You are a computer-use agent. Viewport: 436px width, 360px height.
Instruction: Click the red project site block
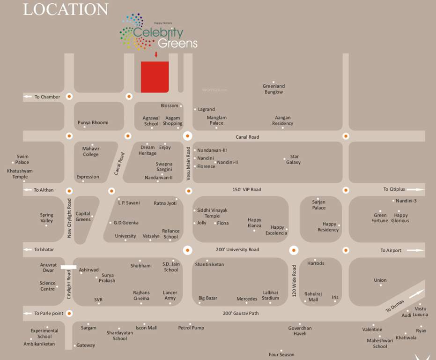(155, 76)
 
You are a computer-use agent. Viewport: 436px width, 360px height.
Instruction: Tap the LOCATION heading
(66, 9)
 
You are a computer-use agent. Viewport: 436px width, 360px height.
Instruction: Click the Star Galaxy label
(294, 159)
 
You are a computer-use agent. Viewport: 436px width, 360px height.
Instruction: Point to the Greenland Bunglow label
(273, 89)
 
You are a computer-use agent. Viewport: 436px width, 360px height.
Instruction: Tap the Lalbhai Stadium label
(271, 295)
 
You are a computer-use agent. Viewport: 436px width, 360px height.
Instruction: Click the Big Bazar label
(208, 298)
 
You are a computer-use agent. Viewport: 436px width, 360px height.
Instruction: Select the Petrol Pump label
(191, 328)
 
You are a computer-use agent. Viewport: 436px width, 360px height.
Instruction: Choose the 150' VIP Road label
(247, 190)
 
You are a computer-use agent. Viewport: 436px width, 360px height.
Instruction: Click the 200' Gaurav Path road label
(241, 313)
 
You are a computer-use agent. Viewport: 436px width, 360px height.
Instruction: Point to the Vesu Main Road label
(188, 164)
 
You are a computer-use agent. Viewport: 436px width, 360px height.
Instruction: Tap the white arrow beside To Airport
(415, 250)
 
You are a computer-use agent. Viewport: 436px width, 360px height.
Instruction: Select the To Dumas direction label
(395, 307)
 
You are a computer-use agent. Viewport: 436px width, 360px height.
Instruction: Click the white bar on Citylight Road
(68, 267)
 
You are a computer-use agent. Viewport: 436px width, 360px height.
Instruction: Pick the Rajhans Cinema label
(141, 295)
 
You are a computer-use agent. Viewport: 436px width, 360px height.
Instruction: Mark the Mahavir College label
(91, 151)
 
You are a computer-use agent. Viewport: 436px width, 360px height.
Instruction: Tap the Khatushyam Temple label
(20, 174)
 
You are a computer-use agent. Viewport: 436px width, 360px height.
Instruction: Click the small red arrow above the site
(156, 55)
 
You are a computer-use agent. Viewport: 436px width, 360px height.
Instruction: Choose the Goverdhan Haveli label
(300, 331)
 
